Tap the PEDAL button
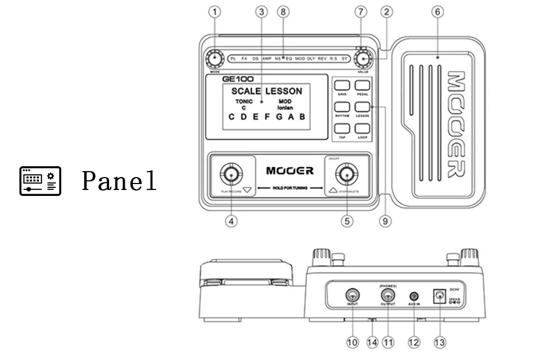point(362,85)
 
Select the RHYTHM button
point(342,107)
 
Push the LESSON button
point(362,107)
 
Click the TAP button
point(342,128)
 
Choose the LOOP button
point(362,128)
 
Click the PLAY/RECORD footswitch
point(232,174)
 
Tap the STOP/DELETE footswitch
point(347,174)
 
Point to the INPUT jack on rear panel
point(353,295)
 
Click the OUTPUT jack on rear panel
point(387,295)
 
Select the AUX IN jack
point(414,296)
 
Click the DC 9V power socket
point(438,295)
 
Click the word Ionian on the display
point(285,108)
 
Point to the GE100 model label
point(238,79)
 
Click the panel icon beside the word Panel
point(40,181)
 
